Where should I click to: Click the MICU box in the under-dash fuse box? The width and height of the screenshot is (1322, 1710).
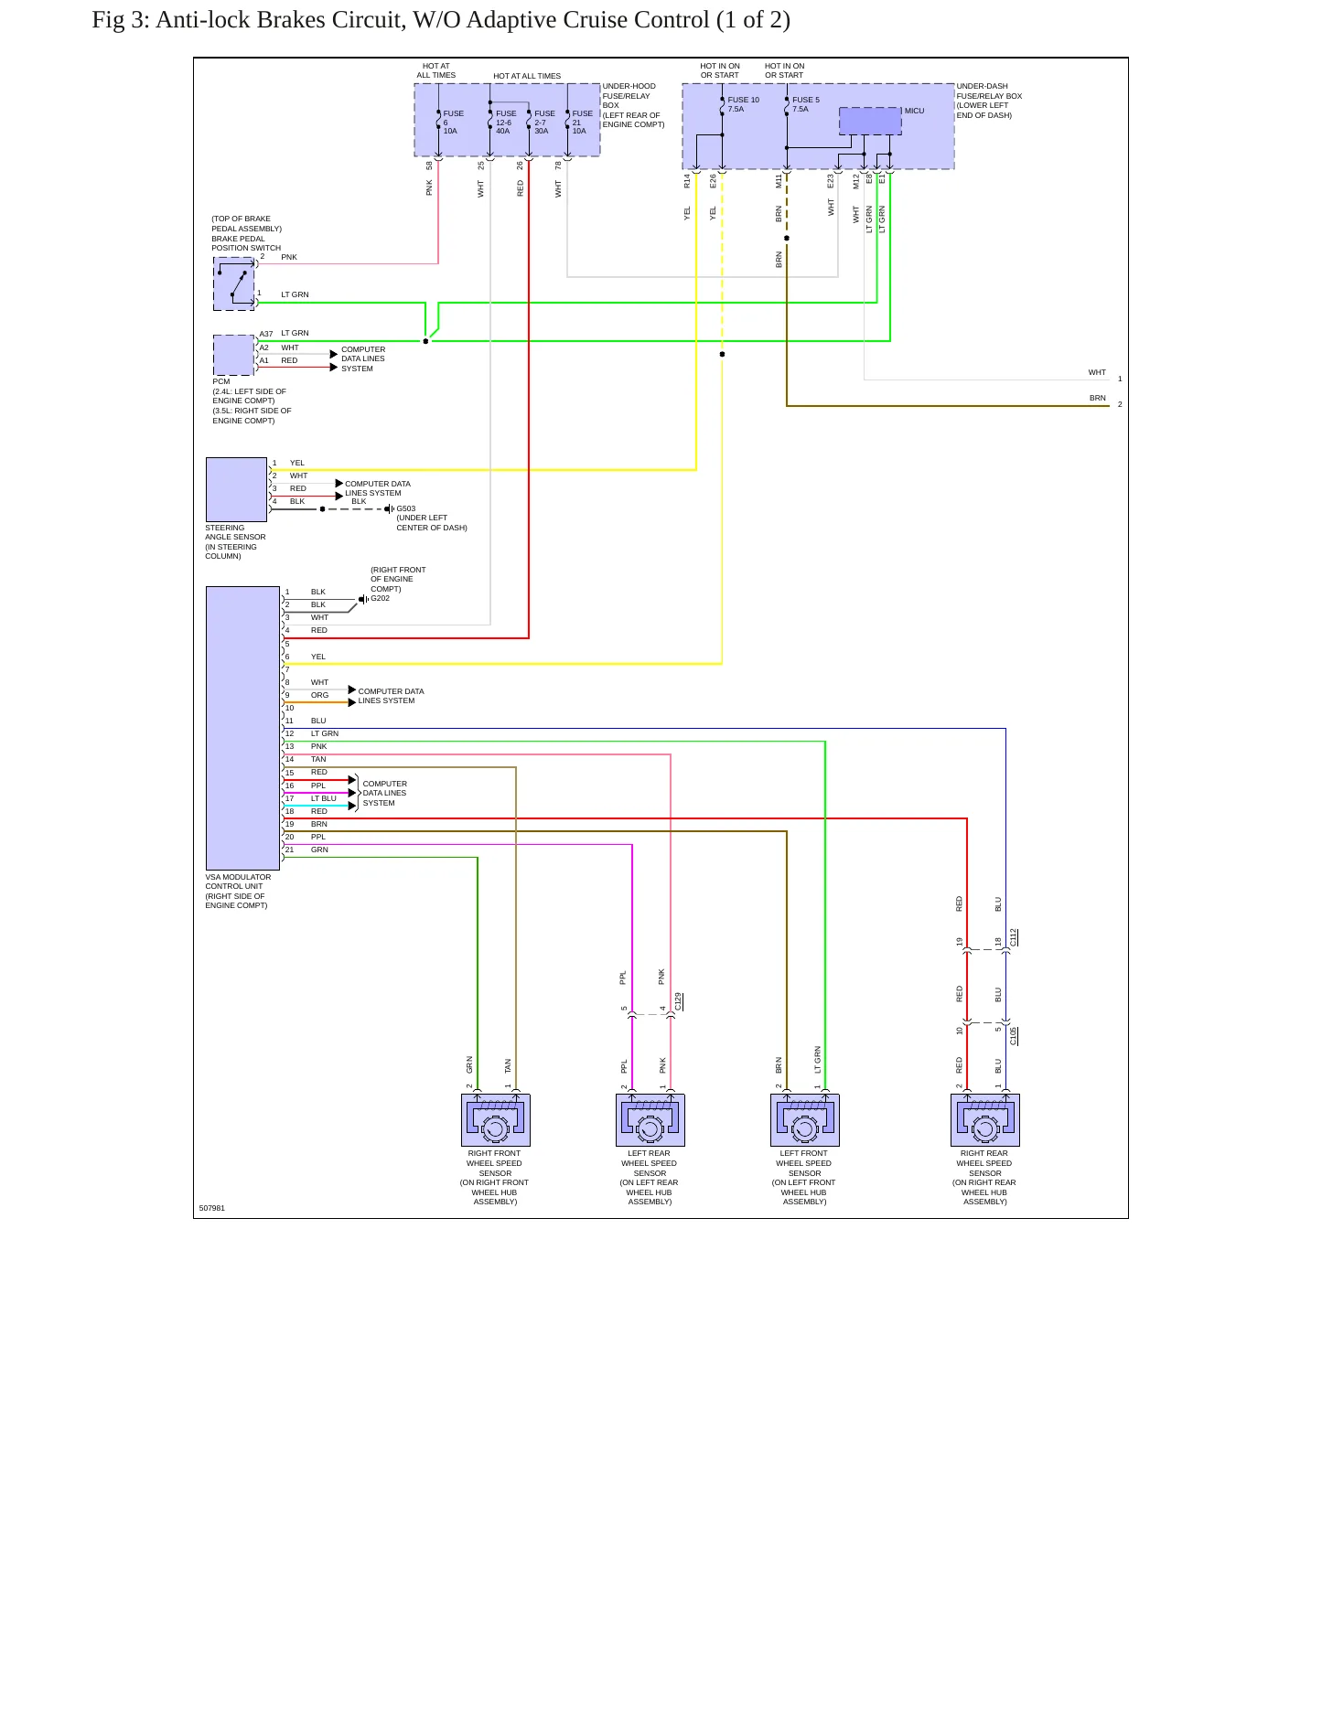point(870,121)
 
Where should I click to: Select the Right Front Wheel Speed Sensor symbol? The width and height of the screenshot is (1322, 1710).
point(496,1120)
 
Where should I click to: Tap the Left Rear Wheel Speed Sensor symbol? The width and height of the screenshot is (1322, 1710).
point(650,1120)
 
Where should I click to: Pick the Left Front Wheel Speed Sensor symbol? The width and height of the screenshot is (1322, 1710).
point(805,1120)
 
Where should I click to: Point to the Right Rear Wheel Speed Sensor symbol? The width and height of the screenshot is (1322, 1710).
point(985,1120)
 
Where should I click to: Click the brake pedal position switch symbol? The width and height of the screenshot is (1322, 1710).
point(234,283)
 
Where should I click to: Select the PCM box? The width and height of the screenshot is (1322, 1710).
point(234,355)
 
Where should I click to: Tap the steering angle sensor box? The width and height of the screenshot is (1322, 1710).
point(237,489)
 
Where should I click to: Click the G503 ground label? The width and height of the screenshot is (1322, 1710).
point(406,508)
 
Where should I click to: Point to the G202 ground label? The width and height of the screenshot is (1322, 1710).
point(381,598)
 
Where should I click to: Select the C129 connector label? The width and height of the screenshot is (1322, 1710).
point(678,1001)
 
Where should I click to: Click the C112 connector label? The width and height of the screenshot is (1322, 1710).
point(1014,937)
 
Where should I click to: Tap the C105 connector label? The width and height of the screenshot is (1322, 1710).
point(1014,1036)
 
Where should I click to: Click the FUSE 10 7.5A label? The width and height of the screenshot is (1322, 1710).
point(744,104)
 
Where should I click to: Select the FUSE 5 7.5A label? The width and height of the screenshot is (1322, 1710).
point(806,104)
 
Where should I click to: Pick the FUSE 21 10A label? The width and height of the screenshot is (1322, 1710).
point(583,123)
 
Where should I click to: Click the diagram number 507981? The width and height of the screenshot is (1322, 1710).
point(212,1208)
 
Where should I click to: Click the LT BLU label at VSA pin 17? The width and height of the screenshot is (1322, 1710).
point(324,798)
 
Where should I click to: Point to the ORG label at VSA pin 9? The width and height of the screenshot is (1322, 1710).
point(319,695)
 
